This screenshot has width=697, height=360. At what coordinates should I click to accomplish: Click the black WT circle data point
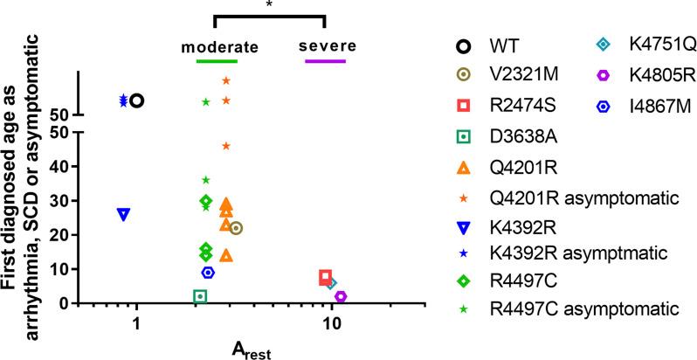[136, 100]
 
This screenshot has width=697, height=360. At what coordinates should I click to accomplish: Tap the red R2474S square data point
[325, 277]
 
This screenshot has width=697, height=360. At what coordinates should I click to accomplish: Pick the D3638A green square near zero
[200, 296]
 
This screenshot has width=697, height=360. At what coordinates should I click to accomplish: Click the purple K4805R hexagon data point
[341, 296]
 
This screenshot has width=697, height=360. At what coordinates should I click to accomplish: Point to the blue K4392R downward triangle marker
[123, 213]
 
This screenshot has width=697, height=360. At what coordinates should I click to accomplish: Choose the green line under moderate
[217, 61]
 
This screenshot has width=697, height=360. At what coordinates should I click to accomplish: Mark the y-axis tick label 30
[63, 200]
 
